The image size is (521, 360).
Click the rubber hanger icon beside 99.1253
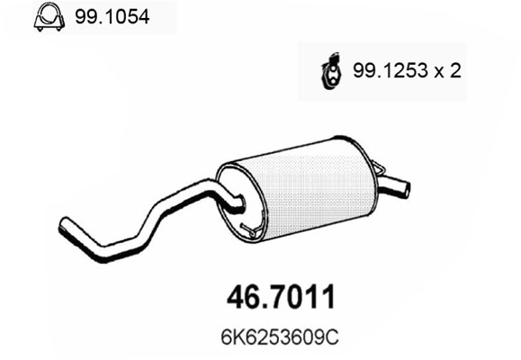(330, 71)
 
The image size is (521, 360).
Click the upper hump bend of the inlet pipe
(211, 189)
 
